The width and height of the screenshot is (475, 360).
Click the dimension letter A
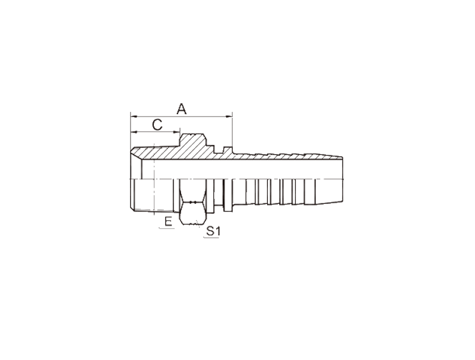tap(182, 109)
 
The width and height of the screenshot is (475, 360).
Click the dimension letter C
tap(157, 125)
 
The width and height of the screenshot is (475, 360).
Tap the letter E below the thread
tap(168, 222)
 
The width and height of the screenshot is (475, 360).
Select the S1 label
tap(213, 231)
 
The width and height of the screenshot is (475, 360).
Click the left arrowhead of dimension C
tap(134, 132)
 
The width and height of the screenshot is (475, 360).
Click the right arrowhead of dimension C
tap(176, 132)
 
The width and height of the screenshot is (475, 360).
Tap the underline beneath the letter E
tap(167, 229)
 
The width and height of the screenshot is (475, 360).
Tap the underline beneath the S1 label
tap(211, 238)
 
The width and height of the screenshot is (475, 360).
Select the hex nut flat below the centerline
tap(194, 202)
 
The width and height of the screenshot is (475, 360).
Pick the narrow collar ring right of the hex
tap(228, 195)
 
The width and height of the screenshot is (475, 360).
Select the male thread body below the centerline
tap(152, 195)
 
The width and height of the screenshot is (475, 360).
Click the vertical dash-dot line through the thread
tap(154, 179)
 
